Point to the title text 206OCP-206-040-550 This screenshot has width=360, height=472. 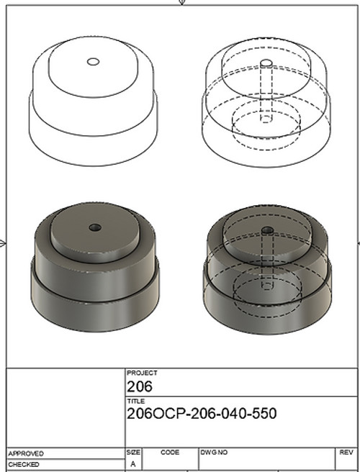(201, 414)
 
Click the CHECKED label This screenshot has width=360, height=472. (24, 465)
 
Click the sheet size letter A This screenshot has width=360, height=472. (132, 464)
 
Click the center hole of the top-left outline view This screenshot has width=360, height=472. (93, 62)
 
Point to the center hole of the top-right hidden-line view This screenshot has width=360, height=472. (266, 63)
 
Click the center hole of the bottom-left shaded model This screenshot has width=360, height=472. (94, 227)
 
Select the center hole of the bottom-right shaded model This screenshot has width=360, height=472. (267, 230)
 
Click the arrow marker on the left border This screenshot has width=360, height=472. (4, 242)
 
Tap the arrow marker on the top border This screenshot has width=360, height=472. (181, 3)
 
